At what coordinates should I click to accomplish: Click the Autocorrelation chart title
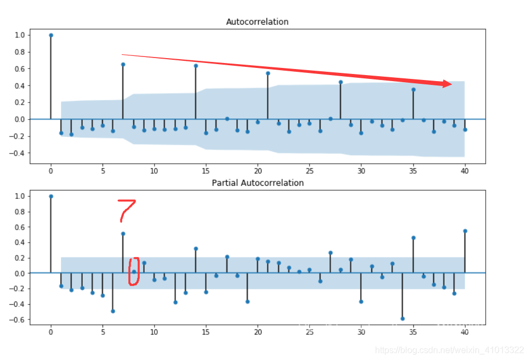tap(257, 22)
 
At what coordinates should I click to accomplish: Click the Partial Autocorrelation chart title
tap(257, 183)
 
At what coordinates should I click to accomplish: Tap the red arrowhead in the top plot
tap(447, 84)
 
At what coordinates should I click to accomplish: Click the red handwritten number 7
tap(126, 210)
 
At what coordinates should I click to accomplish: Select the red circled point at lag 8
tap(134, 272)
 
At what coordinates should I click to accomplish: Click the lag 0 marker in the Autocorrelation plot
tap(51, 35)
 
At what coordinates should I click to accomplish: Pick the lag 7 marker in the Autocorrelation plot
tap(123, 65)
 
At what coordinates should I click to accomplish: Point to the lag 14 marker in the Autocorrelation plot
tap(196, 66)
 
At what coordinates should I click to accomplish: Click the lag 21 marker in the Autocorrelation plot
tap(268, 73)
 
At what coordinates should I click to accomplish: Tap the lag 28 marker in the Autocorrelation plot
tap(340, 82)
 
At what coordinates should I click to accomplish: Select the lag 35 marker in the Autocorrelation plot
tap(413, 89)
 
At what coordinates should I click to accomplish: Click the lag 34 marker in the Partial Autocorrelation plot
tap(402, 318)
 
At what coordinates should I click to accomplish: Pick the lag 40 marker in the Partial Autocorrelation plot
tap(465, 231)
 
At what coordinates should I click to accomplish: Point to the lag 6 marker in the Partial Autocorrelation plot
tap(113, 311)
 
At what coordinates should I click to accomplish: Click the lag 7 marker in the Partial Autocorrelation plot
tap(123, 233)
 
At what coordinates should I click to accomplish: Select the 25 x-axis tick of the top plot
tap(309, 171)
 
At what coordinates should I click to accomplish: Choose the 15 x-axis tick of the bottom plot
tap(206, 332)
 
